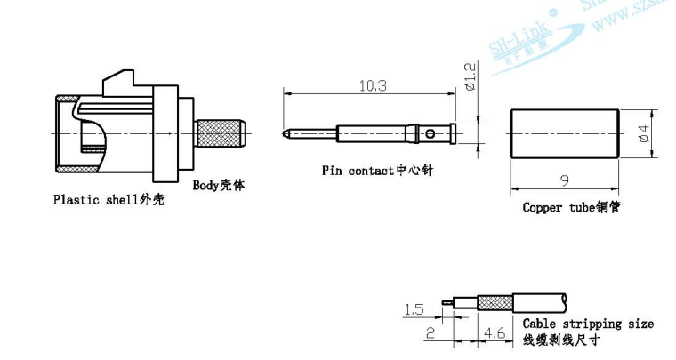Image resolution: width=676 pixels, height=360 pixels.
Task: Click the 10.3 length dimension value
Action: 372,85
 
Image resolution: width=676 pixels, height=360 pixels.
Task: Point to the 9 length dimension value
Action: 563,180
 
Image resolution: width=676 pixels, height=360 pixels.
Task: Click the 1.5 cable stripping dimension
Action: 414,309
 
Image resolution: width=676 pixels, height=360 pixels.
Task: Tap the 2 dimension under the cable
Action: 430,333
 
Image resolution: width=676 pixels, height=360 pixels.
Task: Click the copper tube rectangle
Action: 563,133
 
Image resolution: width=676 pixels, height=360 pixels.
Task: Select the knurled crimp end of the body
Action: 221,134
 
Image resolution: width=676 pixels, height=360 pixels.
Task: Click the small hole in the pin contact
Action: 430,134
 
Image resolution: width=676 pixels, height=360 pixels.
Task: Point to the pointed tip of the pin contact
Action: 285,134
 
